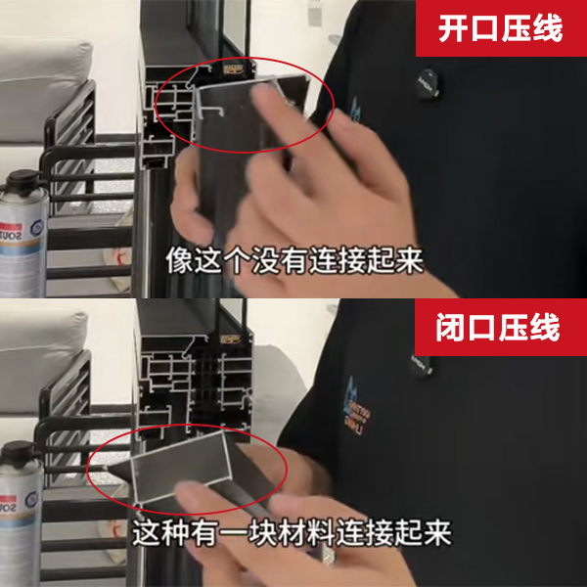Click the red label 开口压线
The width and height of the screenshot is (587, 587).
click(500, 28)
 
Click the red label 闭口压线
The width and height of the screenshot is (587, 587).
click(500, 328)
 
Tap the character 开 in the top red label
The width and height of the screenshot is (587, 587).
click(453, 28)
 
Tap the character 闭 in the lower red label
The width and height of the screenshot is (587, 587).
click(453, 328)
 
